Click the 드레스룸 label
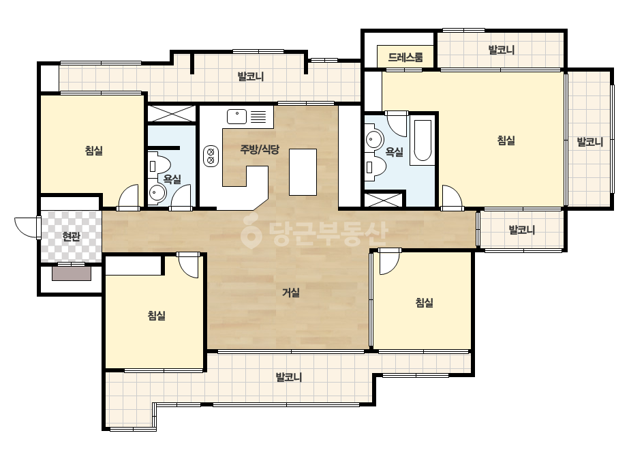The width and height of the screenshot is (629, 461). click(x=405, y=57)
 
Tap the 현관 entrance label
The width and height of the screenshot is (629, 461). click(x=71, y=237)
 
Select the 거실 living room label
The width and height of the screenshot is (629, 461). click(x=291, y=293)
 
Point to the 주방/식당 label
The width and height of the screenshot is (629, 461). click(x=260, y=149)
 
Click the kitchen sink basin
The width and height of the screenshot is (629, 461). click(x=236, y=117)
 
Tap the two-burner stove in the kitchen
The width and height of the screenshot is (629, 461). click(x=210, y=155)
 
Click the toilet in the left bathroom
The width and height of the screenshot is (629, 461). click(x=159, y=166)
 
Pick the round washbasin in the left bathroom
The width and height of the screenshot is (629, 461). click(x=157, y=194)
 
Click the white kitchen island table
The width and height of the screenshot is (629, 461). click(x=303, y=172)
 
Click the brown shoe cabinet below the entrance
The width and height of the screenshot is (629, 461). click(x=72, y=273)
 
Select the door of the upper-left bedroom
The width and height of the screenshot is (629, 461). click(x=128, y=197)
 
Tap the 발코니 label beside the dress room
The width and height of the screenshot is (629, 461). click(x=502, y=50)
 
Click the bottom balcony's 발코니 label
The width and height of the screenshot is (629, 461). click(x=289, y=377)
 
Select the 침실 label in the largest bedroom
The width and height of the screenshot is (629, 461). click(x=506, y=140)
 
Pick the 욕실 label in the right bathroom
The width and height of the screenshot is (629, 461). click(x=395, y=151)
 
